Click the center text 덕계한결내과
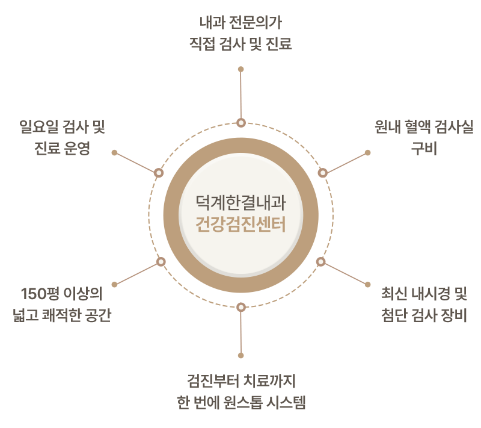241,203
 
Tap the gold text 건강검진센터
241,224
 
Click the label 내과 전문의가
241,23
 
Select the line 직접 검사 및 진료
241,43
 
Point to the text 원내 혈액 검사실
424,127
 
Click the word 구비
424,148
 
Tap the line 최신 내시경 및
424,294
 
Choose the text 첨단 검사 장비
424,315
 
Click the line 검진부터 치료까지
241,380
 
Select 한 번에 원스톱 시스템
241,402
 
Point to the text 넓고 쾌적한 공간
62,315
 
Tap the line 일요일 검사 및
63,127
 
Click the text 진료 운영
63,148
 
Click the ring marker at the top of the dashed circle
241,123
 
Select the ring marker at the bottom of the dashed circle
241,307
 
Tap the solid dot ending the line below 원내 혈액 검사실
367,152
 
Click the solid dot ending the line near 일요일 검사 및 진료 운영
114,152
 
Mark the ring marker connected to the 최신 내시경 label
321,262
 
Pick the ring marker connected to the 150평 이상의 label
161,262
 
